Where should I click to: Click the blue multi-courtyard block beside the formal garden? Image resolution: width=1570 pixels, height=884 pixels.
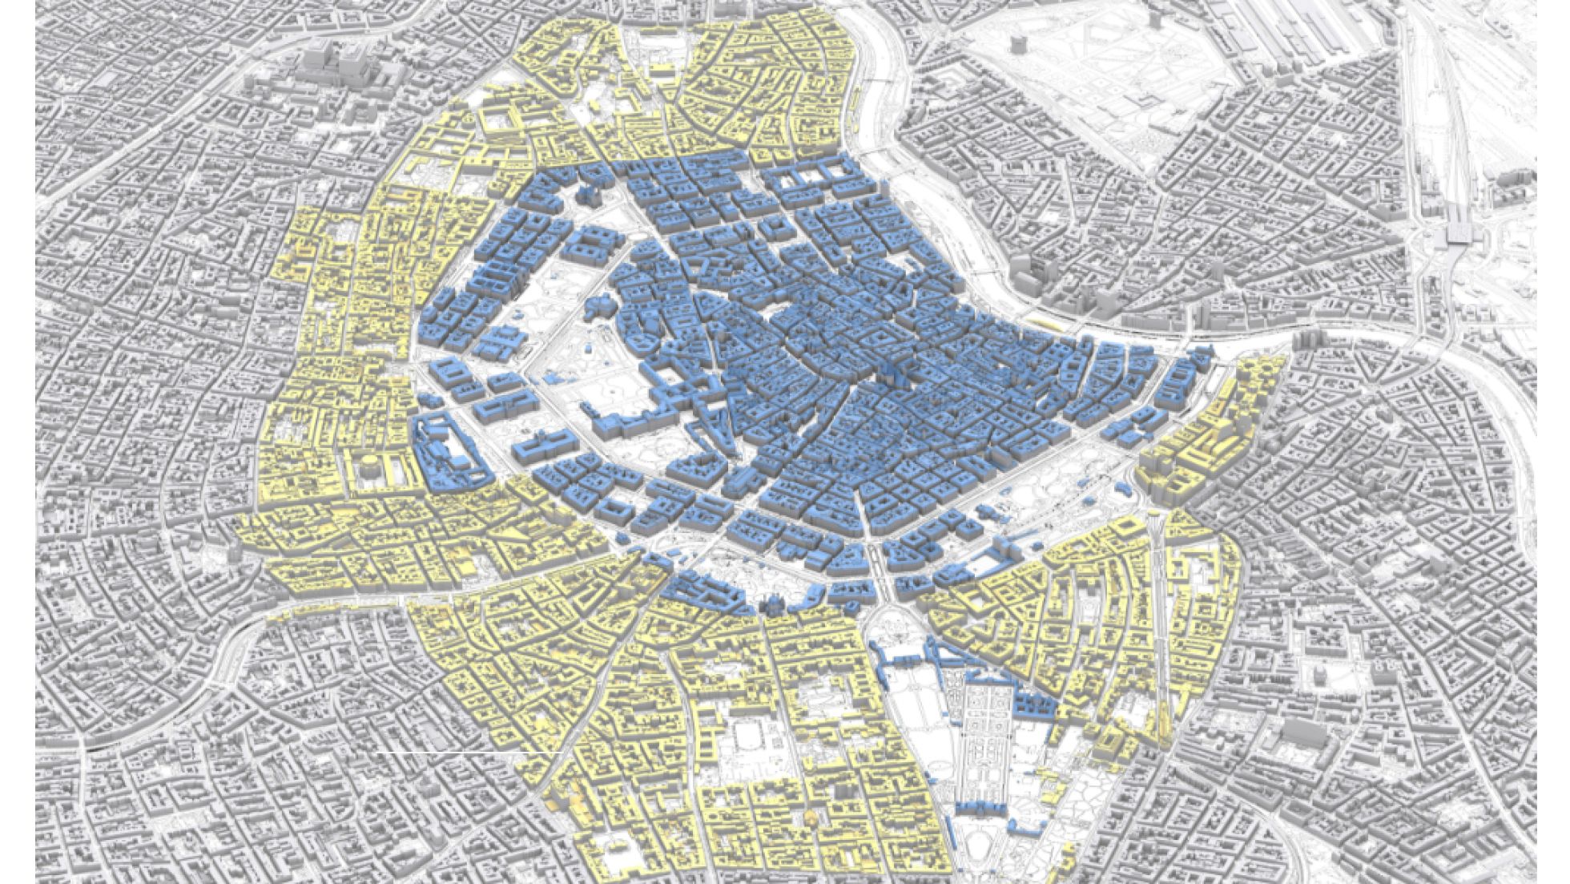coord(1033,705)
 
